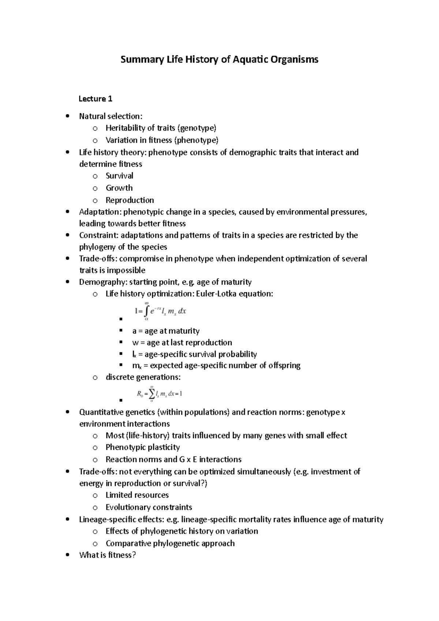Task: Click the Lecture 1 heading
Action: (x=95, y=99)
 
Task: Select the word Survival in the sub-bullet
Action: (x=119, y=176)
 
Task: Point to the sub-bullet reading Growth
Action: (x=119, y=188)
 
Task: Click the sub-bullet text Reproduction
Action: (x=130, y=200)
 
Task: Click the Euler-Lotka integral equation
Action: (x=161, y=311)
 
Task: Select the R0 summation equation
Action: (x=160, y=394)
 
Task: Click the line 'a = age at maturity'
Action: (x=166, y=331)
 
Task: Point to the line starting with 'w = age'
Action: (x=182, y=343)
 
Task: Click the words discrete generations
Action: (x=143, y=377)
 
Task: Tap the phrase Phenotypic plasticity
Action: (x=143, y=447)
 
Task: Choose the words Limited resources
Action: (x=137, y=495)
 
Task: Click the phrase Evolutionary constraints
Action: (x=149, y=507)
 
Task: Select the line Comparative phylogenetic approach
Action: (x=170, y=543)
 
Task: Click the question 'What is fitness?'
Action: (x=108, y=555)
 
